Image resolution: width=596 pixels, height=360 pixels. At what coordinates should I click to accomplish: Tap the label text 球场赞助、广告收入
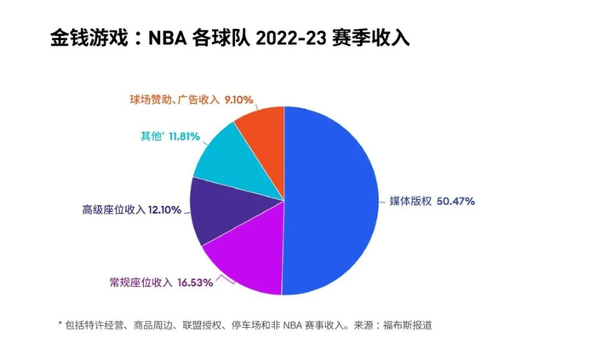[175, 100]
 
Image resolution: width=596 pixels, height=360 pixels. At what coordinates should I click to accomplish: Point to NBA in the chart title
[168, 39]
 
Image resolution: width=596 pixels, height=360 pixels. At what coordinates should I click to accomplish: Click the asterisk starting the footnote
[60, 324]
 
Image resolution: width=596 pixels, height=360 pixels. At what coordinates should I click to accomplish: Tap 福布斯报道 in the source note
[410, 325]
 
